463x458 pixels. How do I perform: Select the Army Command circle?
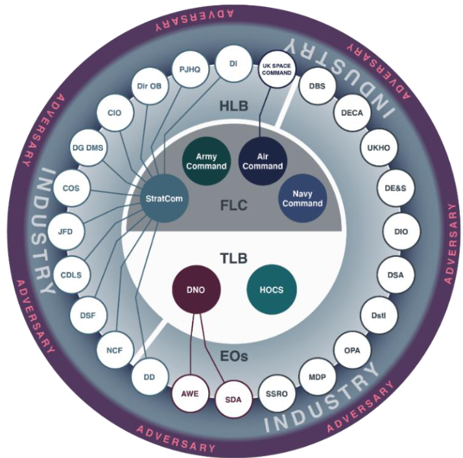click(206, 161)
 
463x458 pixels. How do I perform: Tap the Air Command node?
click(261, 161)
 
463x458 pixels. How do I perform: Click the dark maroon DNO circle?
click(195, 290)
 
